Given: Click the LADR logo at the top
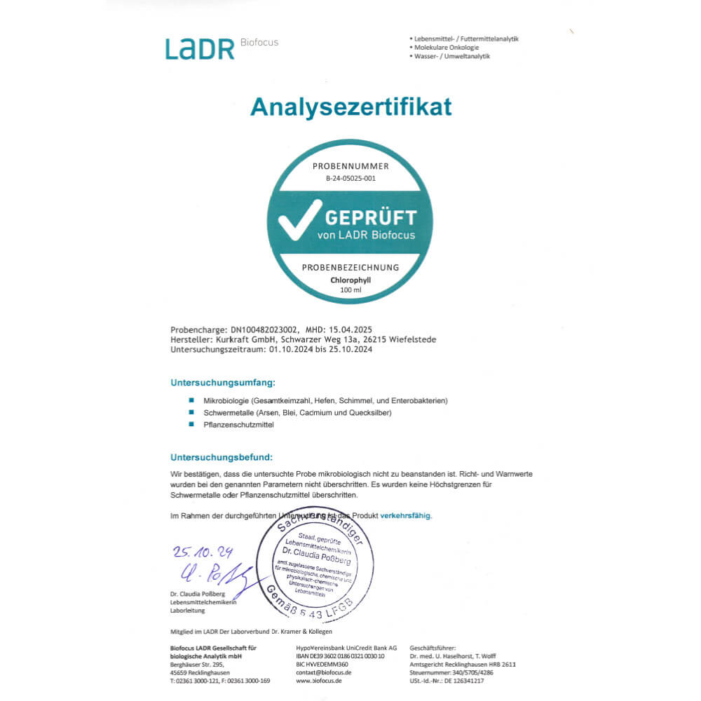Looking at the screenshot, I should [x=200, y=48].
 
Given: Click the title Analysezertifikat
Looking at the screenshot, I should [x=350, y=107].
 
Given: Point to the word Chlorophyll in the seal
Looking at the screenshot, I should [x=350, y=280].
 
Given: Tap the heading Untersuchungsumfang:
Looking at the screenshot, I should [x=223, y=383].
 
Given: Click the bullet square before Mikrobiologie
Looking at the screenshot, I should [x=191, y=400].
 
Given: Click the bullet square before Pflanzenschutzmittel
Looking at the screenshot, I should [x=191, y=425].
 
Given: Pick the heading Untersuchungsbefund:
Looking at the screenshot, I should [x=222, y=457].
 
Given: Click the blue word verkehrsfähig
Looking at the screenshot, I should [x=406, y=515].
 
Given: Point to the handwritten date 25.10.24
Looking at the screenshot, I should [x=203, y=552].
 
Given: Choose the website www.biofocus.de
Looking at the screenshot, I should [x=319, y=681].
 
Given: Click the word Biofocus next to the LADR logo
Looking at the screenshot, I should [x=259, y=42].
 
